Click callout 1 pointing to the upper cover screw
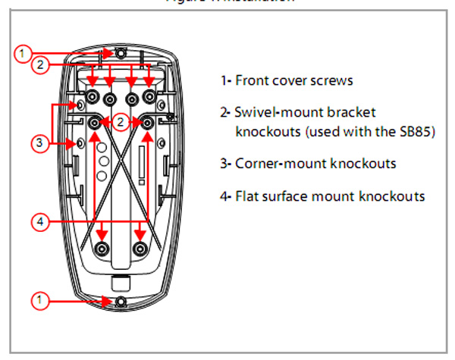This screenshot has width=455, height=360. click(x=24, y=53)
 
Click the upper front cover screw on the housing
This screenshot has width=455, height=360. click(x=121, y=53)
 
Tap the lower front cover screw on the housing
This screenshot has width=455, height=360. click(x=121, y=301)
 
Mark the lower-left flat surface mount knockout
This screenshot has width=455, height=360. click(x=101, y=248)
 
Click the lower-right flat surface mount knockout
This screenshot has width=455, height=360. click(x=140, y=248)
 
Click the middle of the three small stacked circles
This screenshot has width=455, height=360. click(x=100, y=161)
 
